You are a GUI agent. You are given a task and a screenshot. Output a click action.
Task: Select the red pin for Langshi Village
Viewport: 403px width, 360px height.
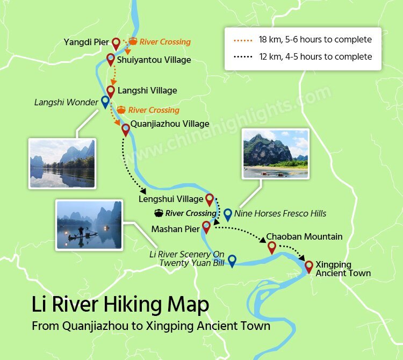(111, 91)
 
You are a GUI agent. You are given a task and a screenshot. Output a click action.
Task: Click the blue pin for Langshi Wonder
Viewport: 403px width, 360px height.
(105, 101)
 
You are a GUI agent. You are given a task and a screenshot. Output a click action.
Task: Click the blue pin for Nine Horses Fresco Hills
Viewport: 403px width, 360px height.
(227, 214)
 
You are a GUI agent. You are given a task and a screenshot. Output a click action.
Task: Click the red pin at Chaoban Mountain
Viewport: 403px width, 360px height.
(272, 247)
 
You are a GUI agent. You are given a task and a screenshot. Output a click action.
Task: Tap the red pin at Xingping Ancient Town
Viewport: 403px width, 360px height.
(309, 266)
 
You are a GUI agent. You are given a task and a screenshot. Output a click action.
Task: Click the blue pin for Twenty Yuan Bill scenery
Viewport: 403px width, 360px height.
(232, 260)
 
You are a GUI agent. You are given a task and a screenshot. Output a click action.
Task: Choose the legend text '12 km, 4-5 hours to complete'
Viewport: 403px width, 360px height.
(315, 56)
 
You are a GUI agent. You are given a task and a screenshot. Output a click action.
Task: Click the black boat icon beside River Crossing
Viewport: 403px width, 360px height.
(159, 213)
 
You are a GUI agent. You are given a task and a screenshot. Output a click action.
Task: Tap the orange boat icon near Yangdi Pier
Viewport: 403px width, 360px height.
(133, 41)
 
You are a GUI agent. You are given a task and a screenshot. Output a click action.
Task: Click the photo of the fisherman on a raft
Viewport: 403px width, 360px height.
(89, 225)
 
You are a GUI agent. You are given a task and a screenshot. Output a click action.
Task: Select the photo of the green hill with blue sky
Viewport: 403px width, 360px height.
(276, 153)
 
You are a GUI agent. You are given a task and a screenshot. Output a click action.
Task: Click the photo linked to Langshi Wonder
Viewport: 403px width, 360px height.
(62, 163)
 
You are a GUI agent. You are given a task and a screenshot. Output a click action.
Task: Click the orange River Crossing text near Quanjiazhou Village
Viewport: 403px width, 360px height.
(153, 110)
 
